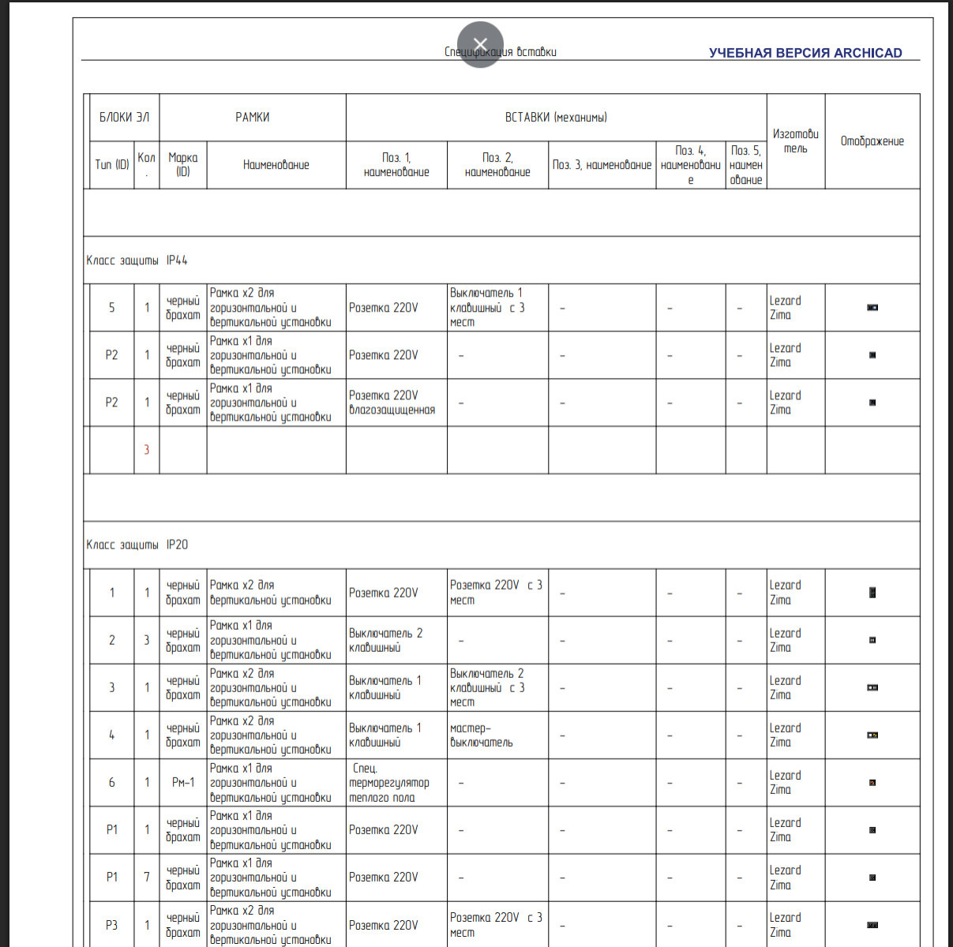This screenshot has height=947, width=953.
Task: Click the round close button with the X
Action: (x=480, y=44)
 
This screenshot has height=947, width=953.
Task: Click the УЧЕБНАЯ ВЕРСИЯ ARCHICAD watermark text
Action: (x=805, y=53)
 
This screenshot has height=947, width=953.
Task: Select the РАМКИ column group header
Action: (x=253, y=118)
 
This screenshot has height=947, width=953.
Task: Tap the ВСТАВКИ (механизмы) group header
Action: (x=556, y=118)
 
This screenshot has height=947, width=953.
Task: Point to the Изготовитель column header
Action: (x=795, y=141)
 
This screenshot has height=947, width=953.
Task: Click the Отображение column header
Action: (x=872, y=141)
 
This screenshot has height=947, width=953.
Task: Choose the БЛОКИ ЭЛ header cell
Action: (x=123, y=118)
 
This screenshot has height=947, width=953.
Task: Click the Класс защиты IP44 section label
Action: (x=137, y=260)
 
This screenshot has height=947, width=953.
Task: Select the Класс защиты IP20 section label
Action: (x=137, y=545)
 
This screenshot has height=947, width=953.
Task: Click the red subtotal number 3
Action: (x=146, y=450)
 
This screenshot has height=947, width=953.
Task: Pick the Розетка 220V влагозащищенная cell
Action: (x=392, y=402)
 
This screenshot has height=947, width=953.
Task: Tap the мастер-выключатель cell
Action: (x=481, y=735)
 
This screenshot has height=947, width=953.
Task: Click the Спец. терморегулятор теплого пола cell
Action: (x=388, y=782)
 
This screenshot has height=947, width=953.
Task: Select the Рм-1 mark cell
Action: (x=182, y=782)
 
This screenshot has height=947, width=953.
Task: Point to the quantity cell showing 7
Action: (x=146, y=877)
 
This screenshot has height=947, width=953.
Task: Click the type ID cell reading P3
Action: (x=111, y=925)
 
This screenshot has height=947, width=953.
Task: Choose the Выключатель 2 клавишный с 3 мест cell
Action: (x=486, y=687)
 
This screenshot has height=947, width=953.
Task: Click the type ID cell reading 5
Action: (x=111, y=308)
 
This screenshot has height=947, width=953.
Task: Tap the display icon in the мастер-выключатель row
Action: (x=872, y=735)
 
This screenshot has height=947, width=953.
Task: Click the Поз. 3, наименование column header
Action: (x=602, y=165)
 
